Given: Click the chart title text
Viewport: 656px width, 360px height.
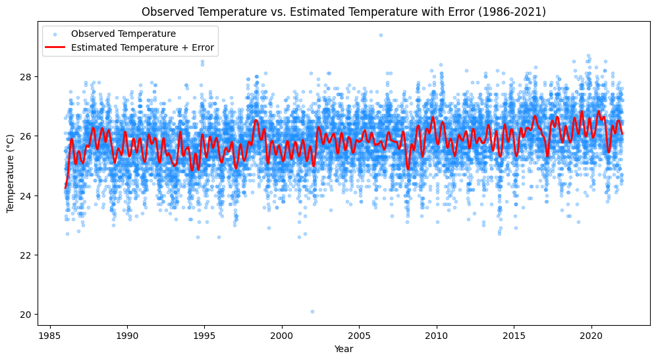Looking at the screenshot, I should click(x=343, y=12).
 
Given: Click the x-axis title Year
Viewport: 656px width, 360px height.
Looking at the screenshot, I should click(x=343, y=349).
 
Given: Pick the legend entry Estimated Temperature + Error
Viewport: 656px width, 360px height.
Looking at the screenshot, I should click(x=143, y=47).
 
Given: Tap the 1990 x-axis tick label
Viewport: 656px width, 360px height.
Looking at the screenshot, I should click(x=126, y=335).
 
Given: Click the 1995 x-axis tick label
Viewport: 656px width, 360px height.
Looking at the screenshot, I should click(x=204, y=335).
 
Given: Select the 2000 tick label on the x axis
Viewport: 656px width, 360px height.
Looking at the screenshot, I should click(x=282, y=335).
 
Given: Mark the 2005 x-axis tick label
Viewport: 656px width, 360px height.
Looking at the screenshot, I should click(x=359, y=335).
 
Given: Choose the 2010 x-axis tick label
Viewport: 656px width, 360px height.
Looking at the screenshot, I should click(x=436, y=335).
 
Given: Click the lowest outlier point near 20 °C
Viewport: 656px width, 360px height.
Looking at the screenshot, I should click(x=312, y=311).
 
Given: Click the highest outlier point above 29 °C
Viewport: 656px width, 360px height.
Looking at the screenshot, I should click(x=381, y=35).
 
